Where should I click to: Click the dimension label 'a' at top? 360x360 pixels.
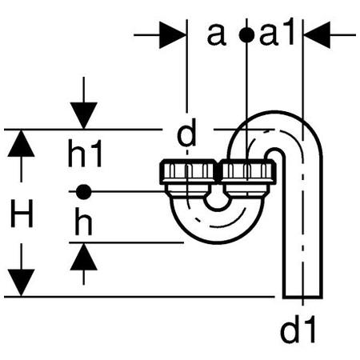[217, 34]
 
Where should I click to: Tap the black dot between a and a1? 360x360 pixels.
[246, 35]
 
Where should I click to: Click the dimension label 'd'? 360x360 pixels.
[186, 133]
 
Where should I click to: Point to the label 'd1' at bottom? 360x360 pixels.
[298, 330]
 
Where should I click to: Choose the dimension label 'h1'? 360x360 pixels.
[85, 153]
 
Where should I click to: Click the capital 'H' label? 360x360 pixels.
[22, 214]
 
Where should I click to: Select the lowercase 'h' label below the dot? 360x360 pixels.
[83, 222]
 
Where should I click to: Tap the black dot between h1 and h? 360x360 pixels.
[83, 191]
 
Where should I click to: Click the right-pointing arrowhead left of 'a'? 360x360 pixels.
[173, 35]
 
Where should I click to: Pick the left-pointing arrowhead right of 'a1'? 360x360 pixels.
[317, 35]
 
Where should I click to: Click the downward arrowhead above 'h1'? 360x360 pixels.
[84, 116]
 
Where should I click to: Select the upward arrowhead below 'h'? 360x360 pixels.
[84, 257]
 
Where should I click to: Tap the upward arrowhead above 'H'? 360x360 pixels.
[21, 143]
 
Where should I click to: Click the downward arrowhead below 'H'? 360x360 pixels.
[21, 282]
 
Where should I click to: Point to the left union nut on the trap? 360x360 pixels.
[188, 172]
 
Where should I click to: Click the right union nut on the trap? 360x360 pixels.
[247, 172]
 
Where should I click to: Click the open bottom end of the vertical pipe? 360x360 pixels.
[302, 297]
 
